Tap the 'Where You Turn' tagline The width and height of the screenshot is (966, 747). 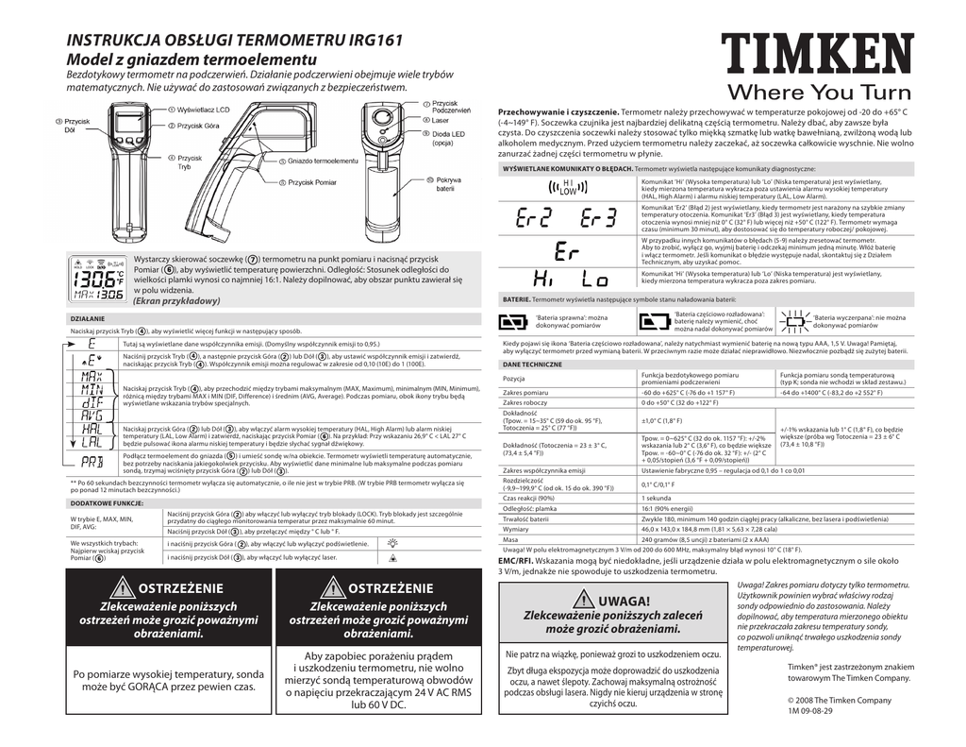point(818,93)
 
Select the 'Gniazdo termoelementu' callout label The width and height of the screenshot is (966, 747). point(323,161)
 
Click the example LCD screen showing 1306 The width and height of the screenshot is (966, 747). point(98,279)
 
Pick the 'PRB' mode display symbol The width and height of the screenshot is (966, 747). point(92,462)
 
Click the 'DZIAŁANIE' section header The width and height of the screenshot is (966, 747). point(89,319)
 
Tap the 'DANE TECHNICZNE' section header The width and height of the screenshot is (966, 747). point(533,364)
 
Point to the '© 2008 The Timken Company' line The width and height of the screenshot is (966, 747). point(838,700)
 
